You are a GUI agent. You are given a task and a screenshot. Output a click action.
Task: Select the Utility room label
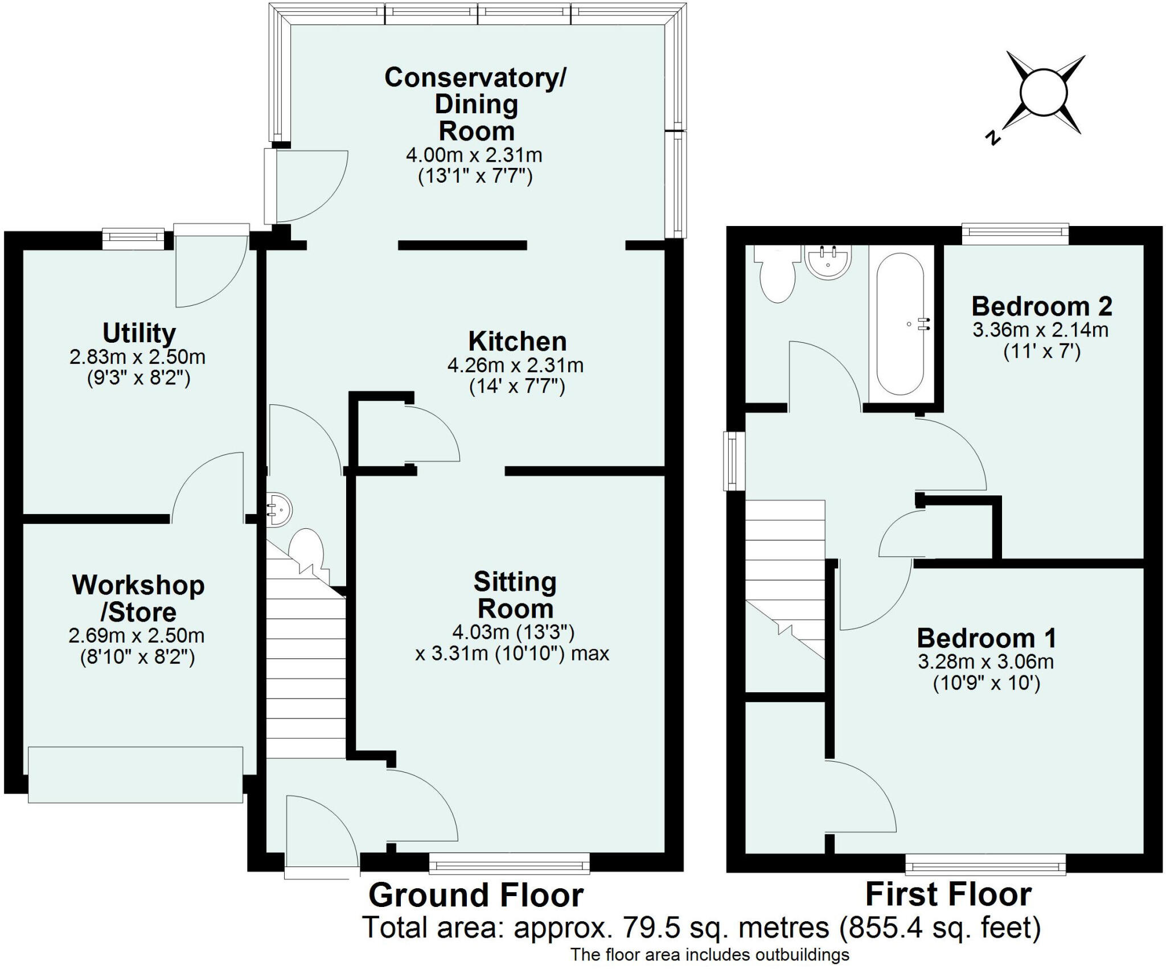click(x=139, y=333)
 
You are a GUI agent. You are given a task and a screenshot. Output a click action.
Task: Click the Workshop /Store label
click(x=138, y=598)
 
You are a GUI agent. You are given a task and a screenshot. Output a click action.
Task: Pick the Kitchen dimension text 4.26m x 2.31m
click(x=515, y=365)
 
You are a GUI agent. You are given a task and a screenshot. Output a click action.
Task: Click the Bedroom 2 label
click(x=1041, y=306)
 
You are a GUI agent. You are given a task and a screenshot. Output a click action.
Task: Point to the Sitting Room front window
click(x=509, y=866)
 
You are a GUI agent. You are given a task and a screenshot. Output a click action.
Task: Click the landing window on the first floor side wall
click(x=734, y=461)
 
